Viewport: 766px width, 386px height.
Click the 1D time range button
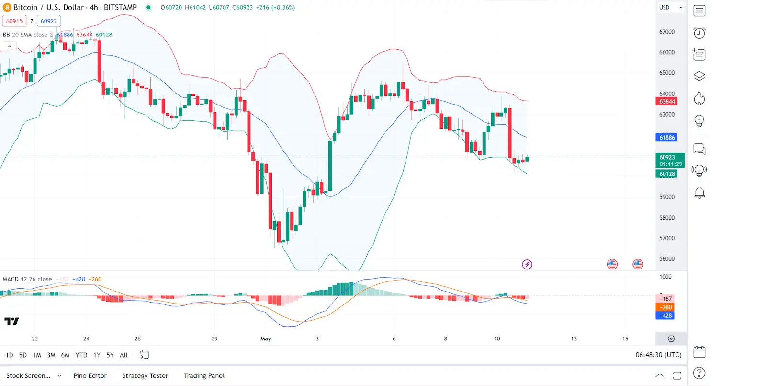(9, 355)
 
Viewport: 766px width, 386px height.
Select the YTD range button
(81, 355)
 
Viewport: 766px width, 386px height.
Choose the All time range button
(124, 355)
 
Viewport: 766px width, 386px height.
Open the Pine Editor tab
(90, 376)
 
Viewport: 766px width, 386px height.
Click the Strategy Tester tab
(145, 376)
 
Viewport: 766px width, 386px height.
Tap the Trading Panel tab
(204, 376)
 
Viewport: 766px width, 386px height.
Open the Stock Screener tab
(28, 376)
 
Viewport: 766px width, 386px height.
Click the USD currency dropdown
(670, 8)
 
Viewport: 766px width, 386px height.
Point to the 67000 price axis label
(667, 32)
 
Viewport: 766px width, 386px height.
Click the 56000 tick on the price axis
(667, 259)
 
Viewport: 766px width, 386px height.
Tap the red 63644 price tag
(667, 101)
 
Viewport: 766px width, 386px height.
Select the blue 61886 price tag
(667, 138)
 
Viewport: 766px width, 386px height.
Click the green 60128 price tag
(667, 174)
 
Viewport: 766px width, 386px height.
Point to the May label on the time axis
(266, 339)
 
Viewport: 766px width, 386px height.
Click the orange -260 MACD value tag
(665, 307)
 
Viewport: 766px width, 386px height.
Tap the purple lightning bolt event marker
(527, 264)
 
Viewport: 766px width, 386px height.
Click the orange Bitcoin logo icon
(7, 8)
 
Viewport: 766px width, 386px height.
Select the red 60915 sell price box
(14, 21)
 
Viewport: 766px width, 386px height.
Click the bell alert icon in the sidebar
(699, 193)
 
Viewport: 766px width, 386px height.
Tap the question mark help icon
(699, 373)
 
